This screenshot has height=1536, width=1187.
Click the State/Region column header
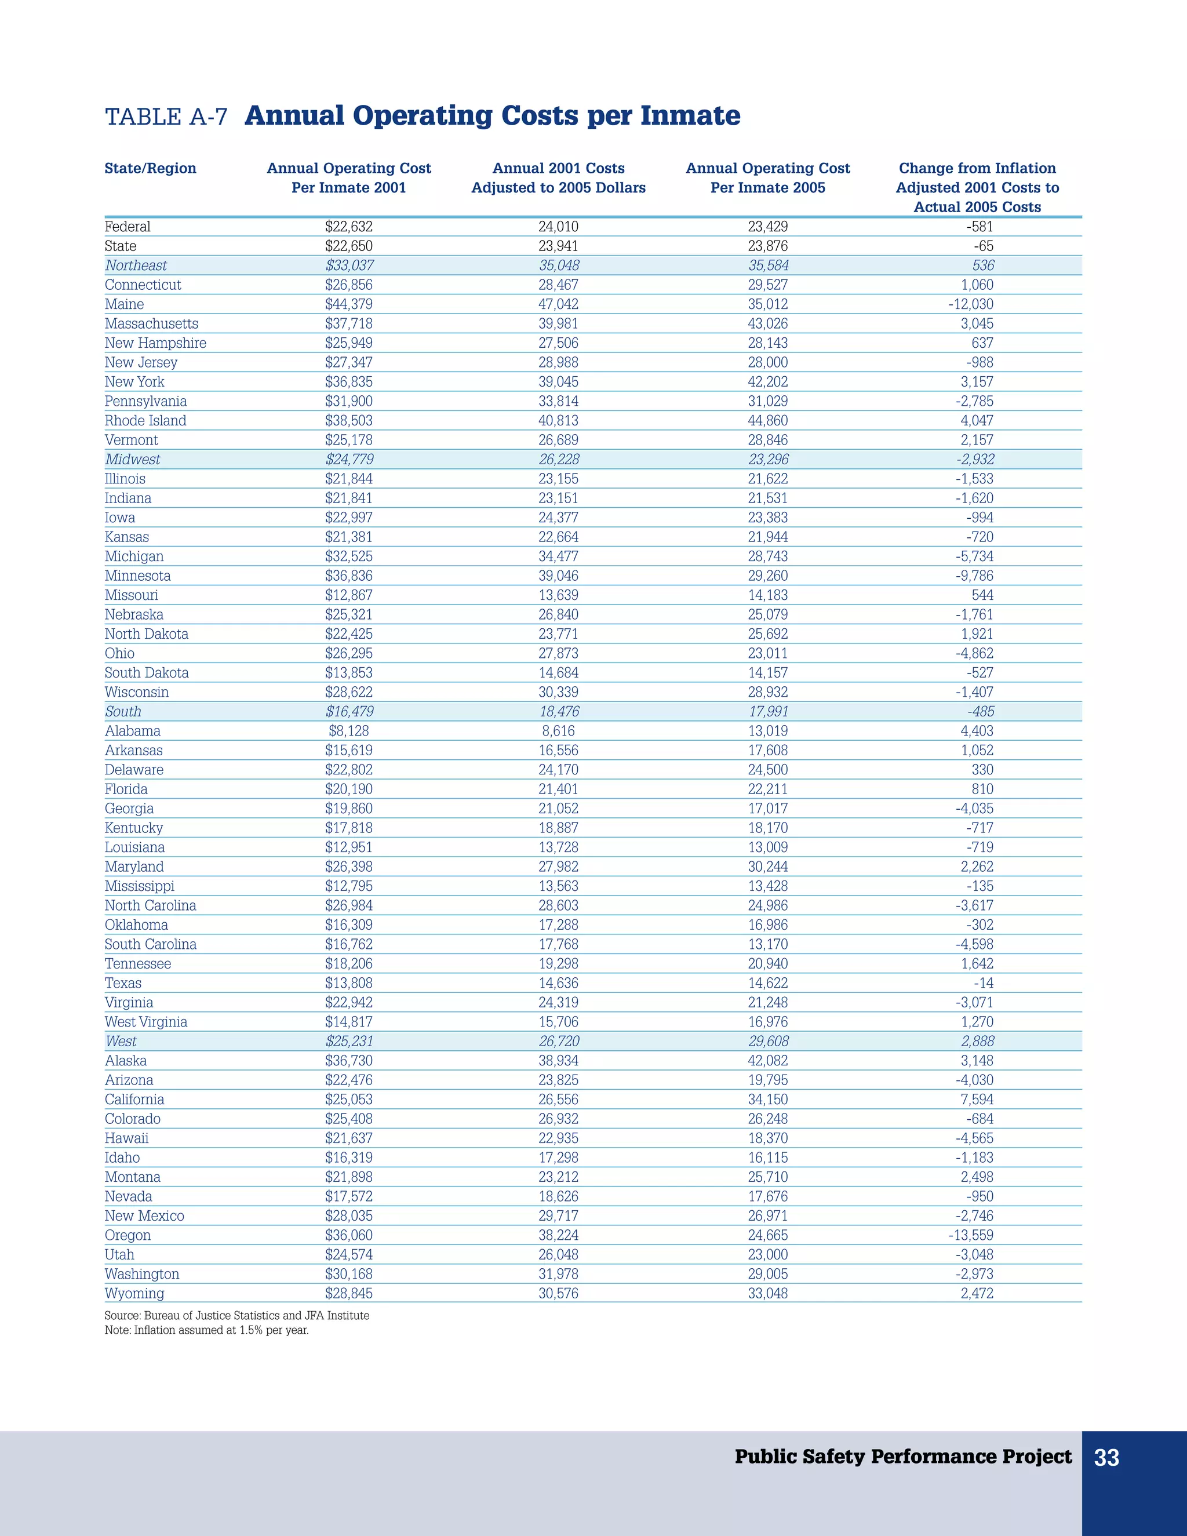click(151, 168)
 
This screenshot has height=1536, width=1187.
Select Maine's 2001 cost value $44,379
click(349, 304)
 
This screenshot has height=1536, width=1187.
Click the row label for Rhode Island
click(145, 421)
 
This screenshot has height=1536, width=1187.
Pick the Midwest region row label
click(132, 459)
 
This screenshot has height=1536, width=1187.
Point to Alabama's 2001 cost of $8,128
click(349, 731)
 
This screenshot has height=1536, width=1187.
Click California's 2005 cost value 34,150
click(768, 1099)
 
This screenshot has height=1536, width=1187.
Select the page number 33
click(1106, 1458)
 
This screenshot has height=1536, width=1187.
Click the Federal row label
click(128, 227)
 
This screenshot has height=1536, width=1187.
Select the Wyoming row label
click(134, 1293)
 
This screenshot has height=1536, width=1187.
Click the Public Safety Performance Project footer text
click(903, 1457)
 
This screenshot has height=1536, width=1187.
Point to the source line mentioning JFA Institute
click(237, 1315)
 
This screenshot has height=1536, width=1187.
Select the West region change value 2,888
click(977, 1042)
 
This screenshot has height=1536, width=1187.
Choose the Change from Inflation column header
click(977, 187)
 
